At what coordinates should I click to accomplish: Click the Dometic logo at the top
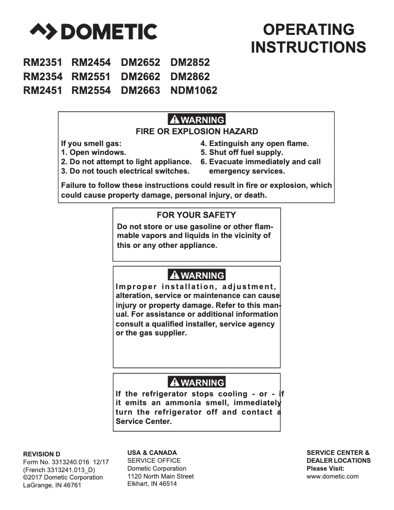point(93,31)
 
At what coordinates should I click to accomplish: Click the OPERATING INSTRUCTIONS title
point(308,38)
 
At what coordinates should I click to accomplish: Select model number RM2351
point(43,62)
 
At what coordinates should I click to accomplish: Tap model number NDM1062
point(194,90)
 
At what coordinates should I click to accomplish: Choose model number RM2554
point(91,90)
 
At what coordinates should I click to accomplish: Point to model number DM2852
point(190,62)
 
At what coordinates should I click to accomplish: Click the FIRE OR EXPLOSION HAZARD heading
point(197,131)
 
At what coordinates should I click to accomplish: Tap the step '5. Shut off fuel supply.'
point(242,152)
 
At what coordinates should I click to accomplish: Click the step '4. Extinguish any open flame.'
point(254,144)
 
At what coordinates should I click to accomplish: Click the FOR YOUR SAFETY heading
point(196,215)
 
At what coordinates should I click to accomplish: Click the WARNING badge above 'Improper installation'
point(197,275)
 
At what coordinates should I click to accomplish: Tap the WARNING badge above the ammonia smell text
point(197,383)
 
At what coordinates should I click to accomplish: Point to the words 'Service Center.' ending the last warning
point(143,421)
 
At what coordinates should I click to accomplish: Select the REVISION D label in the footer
point(42,453)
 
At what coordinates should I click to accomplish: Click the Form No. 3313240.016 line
point(66,462)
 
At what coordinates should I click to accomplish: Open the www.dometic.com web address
point(333,476)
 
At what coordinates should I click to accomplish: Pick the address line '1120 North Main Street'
point(160,476)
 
